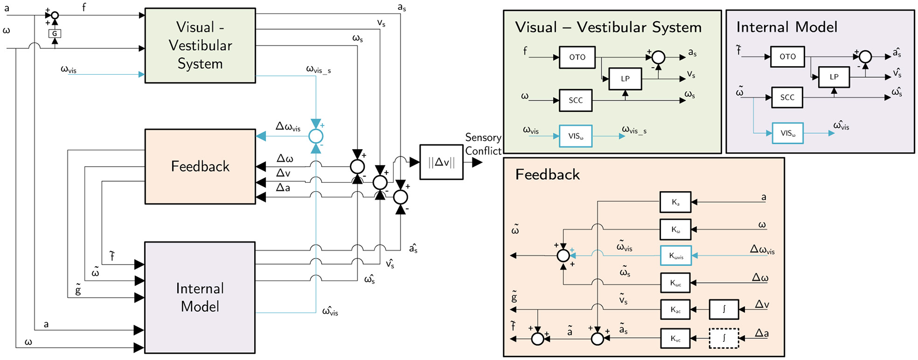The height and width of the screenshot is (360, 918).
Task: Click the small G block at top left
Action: (x=54, y=34)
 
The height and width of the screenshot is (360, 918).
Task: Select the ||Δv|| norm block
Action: (x=441, y=162)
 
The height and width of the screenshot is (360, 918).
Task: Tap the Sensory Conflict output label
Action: (x=483, y=144)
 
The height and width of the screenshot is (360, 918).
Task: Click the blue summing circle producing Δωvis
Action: (x=315, y=136)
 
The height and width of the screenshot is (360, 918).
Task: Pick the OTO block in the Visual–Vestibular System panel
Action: (x=577, y=57)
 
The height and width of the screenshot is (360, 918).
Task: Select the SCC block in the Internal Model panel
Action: (x=787, y=97)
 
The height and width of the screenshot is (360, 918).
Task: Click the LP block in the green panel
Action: (x=625, y=79)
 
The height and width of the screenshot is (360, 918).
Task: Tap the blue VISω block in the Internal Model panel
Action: (x=787, y=133)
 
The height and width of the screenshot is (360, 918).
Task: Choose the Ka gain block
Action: (x=675, y=203)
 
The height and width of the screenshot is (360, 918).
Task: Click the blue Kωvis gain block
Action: (x=676, y=256)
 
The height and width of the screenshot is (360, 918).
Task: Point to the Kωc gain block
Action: (x=676, y=283)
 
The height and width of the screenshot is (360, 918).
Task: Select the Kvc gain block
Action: (x=675, y=339)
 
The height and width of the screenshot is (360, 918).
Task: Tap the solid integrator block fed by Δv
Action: (x=724, y=309)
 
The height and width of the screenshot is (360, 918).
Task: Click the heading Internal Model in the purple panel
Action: (x=786, y=27)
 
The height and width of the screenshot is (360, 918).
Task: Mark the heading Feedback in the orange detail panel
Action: (x=547, y=175)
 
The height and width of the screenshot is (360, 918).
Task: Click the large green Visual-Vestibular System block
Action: (x=200, y=46)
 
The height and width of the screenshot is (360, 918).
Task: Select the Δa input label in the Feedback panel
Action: (x=762, y=333)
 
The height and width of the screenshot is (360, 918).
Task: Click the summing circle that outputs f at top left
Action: (x=54, y=16)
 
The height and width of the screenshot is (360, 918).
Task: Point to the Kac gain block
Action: (x=675, y=310)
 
